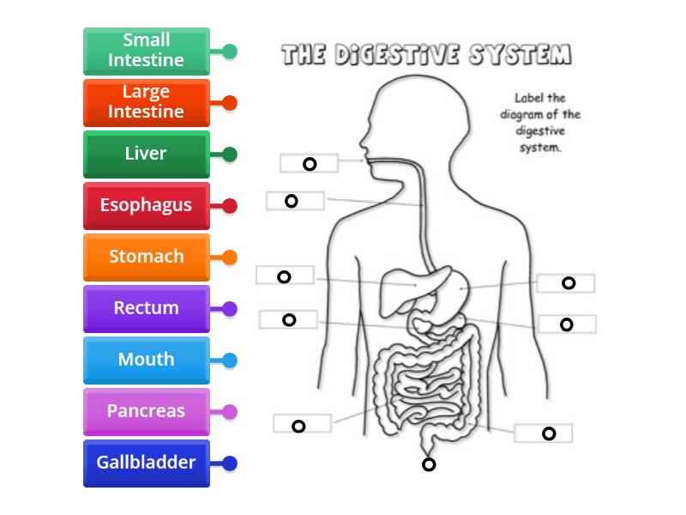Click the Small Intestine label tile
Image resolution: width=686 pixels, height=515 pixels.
point(147,51)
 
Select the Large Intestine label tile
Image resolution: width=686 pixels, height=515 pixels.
point(147,102)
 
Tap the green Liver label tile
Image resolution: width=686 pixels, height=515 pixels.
point(147,154)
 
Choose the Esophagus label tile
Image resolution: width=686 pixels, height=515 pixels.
point(147,206)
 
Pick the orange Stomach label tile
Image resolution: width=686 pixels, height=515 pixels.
point(147,257)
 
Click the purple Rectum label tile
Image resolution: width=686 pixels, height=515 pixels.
point(147,308)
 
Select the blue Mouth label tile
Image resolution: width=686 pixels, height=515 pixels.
point(147,360)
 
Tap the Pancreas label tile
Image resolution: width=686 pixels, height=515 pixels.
point(147,411)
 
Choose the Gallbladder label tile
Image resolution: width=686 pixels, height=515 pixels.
point(147,463)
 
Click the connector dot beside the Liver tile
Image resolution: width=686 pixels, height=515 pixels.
point(230,154)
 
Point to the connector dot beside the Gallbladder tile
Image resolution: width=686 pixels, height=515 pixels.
point(230,463)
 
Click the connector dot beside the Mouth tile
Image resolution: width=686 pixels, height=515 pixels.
point(230,360)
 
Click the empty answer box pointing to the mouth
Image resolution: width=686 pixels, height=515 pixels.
point(309,163)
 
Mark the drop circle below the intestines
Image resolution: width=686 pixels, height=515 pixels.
point(429,465)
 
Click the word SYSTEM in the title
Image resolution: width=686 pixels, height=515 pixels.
point(521,56)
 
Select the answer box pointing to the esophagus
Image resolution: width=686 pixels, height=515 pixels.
point(295,201)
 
